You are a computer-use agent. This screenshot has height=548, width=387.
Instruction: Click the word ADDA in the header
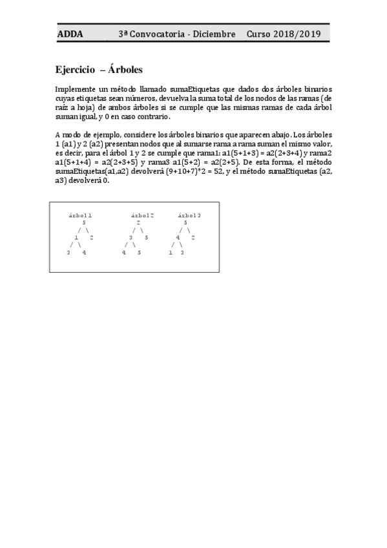click(x=70, y=34)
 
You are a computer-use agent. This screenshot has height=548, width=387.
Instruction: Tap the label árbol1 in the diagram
click(x=81, y=215)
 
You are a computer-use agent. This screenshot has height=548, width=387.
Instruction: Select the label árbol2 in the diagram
click(x=142, y=215)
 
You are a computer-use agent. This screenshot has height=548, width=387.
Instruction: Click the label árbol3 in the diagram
click(x=189, y=215)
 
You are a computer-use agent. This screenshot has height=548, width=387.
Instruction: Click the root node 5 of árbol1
click(x=84, y=222)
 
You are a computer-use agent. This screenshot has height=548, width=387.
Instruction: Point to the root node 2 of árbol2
click(x=138, y=222)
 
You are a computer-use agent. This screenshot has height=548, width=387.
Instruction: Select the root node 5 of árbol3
click(x=185, y=222)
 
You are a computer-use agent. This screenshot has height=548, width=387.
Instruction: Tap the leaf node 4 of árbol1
click(x=84, y=253)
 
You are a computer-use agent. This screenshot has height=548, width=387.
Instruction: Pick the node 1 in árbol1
click(x=76, y=238)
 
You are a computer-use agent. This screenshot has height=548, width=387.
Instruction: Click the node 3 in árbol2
click(x=131, y=238)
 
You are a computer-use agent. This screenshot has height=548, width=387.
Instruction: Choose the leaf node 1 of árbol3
click(x=170, y=253)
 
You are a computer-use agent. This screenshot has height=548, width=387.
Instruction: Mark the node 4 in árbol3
click(x=178, y=238)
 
